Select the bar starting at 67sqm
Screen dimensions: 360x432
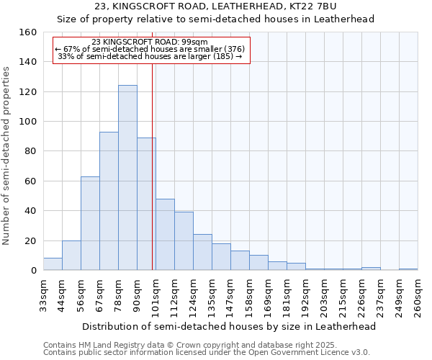point(109,201)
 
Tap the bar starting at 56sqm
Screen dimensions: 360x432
point(90,223)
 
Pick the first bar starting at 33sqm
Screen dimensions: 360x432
point(53,264)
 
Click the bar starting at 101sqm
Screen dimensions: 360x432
point(165,235)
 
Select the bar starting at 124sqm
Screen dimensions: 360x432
point(202,252)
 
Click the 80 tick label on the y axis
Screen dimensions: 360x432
point(30,151)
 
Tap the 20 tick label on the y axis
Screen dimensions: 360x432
point(30,240)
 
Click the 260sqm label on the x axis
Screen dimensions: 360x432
point(418,297)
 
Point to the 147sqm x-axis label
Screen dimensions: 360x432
point(231,297)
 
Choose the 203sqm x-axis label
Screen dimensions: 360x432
point(325,297)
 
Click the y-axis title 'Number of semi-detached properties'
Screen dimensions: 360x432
point(7,154)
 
